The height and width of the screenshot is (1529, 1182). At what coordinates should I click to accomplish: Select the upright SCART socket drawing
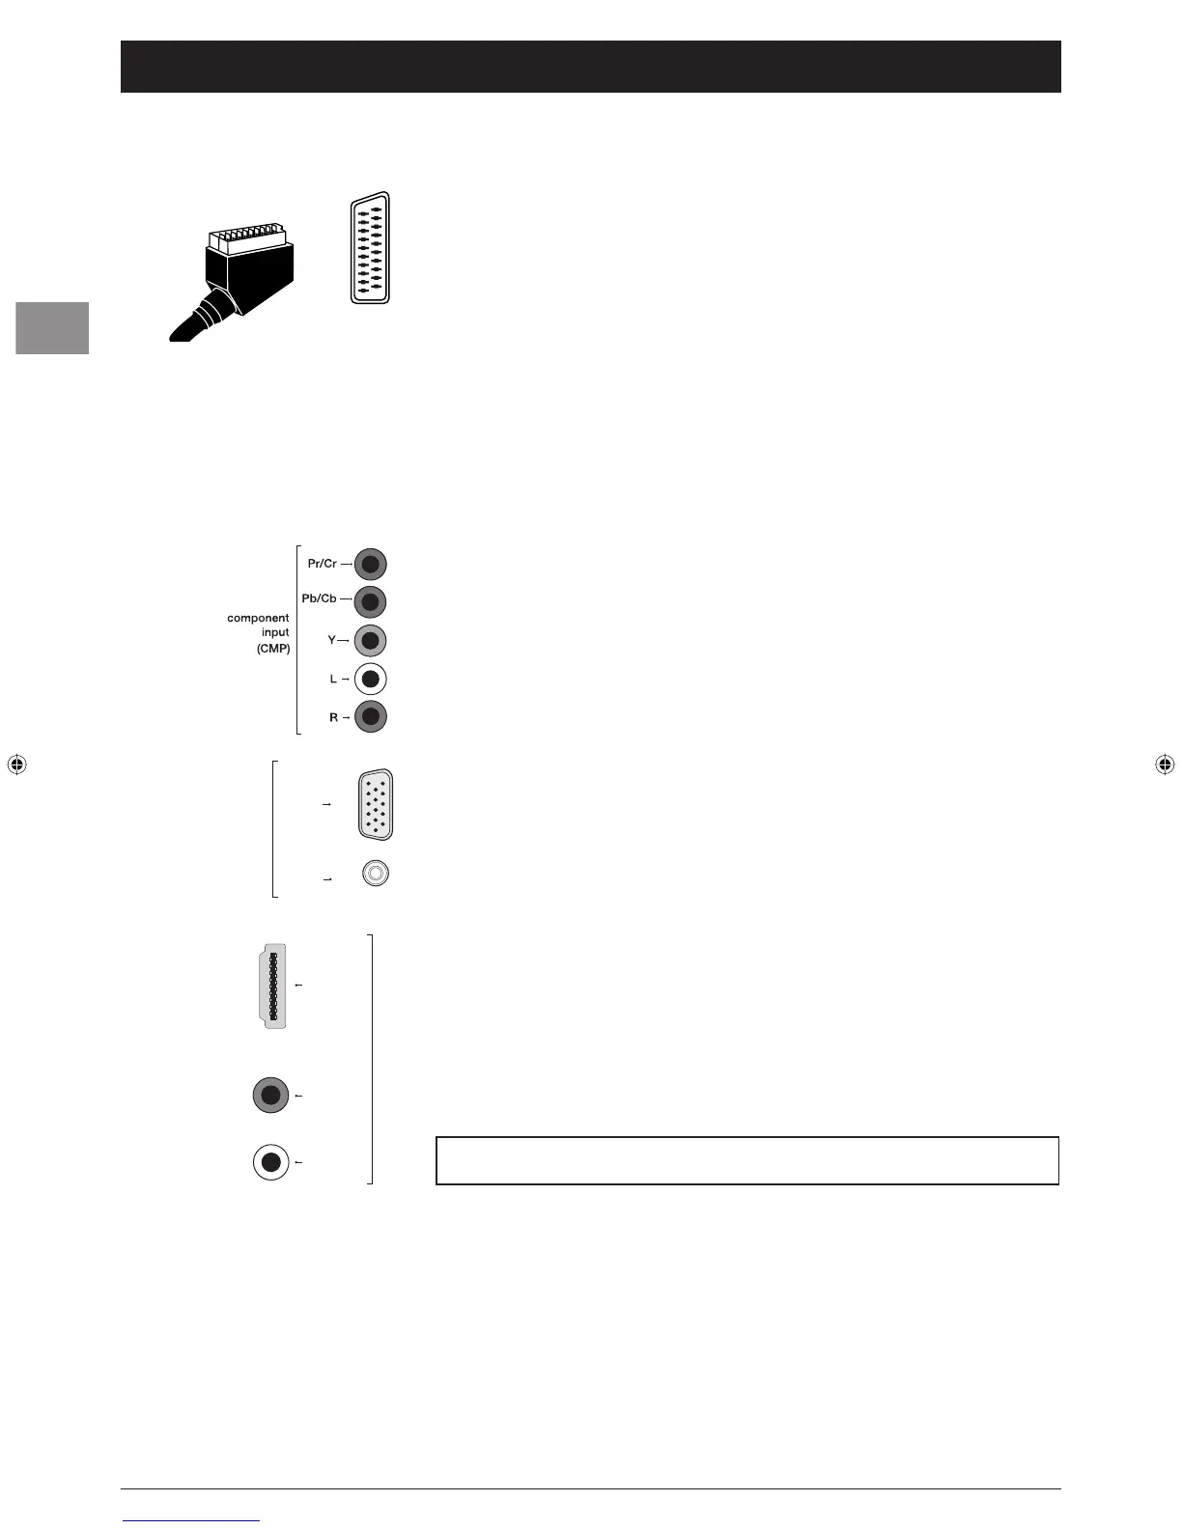(370, 249)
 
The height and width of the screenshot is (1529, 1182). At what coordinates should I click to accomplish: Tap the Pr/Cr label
(322, 564)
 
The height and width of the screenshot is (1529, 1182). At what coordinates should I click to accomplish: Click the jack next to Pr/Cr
(371, 564)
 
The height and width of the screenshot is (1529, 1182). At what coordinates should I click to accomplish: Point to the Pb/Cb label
(319, 598)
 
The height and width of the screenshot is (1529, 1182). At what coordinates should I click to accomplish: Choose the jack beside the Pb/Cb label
(371, 602)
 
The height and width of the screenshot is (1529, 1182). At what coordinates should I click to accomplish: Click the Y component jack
(371, 641)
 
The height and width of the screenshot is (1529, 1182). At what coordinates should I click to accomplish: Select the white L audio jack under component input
(371, 680)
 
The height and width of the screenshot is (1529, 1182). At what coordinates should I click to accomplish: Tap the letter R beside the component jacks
(334, 717)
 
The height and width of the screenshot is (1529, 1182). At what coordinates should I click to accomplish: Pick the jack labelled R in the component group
(371, 717)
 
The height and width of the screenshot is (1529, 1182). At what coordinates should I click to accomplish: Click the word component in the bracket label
(258, 618)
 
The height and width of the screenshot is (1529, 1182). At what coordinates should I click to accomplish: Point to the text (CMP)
(273, 649)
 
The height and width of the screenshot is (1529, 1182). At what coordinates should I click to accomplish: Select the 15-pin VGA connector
(376, 805)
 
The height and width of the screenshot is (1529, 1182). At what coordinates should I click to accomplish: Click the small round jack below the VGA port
(376, 874)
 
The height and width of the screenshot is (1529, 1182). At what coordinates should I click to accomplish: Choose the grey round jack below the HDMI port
(270, 1096)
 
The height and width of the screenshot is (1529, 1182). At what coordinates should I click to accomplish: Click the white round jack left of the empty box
(270, 1162)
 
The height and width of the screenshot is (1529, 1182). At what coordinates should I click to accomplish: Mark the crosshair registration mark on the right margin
(1165, 764)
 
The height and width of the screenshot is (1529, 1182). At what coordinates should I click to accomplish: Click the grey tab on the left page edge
(52, 328)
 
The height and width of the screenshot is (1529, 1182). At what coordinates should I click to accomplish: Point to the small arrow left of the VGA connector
(326, 804)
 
